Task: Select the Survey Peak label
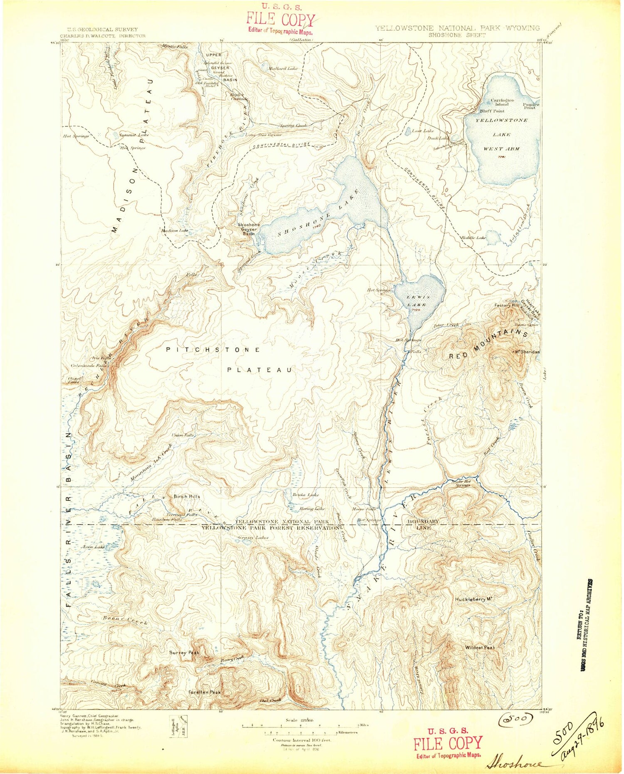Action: [x=184, y=653]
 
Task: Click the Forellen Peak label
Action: [x=204, y=692]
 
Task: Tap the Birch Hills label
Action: [x=187, y=496]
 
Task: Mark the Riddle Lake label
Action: [x=473, y=237]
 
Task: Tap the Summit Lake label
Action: [x=134, y=135]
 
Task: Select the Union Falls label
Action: [x=183, y=435]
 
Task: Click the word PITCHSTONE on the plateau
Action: [x=213, y=350]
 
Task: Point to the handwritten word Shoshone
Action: [x=514, y=764]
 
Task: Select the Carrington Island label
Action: [x=502, y=102]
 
